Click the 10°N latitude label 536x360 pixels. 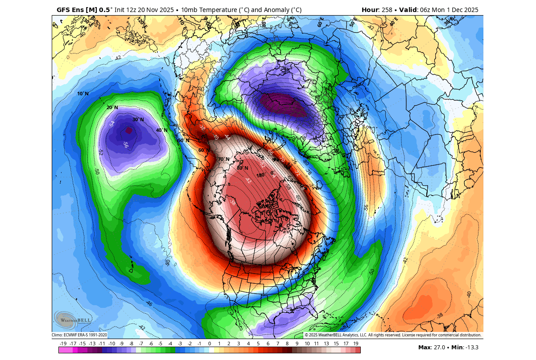point(83,94)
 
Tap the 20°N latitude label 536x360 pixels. point(112,107)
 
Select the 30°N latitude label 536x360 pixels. point(138,119)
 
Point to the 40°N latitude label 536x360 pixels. point(162,130)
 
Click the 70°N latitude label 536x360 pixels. point(224,159)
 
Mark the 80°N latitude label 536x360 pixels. point(243,168)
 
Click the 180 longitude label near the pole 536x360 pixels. point(260,175)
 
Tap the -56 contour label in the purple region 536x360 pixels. point(126,145)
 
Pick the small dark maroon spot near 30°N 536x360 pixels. point(129,131)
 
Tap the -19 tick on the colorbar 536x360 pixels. point(63,344)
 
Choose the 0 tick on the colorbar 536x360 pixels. point(210,344)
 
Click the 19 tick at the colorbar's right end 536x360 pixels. point(356,344)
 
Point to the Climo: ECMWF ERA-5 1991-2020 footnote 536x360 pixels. point(79,335)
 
